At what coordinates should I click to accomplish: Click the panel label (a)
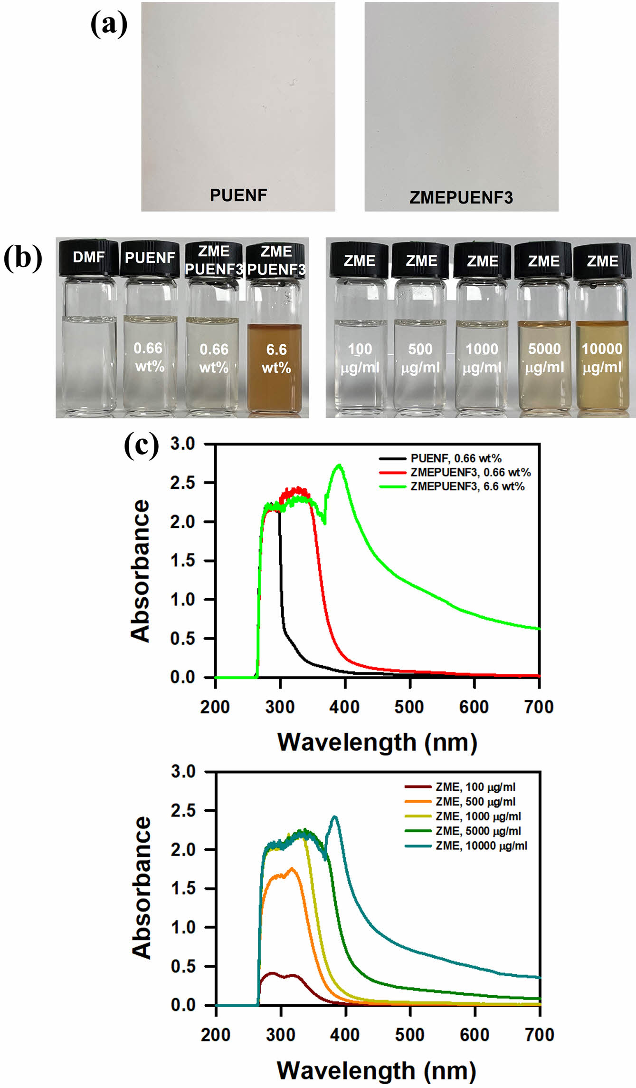pyautogui.click(x=109, y=24)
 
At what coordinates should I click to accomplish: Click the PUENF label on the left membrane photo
pyautogui.click(x=238, y=195)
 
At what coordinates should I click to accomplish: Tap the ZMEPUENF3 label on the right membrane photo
pyautogui.click(x=461, y=197)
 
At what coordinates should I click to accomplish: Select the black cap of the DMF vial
pyautogui.click(x=88, y=258)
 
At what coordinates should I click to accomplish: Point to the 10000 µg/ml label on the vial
pyautogui.click(x=602, y=358)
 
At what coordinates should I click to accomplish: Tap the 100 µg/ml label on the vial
pyautogui.click(x=360, y=358)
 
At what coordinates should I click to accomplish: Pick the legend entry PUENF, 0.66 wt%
pyautogui.click(x=456, y=458)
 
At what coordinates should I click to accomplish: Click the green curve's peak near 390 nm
pyautogui.click(x=339, y=466)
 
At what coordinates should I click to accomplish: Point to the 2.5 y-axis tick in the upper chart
pyautogui.click(x=182, y=483)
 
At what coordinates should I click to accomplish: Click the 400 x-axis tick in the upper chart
pyautogui.click(x=345, y=707)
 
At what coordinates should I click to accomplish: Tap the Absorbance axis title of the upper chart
pyautogui.click(x=141, y=571)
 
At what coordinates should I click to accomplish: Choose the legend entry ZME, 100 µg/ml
pyautogui.click(x=475, y=787)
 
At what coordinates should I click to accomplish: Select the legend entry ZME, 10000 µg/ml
pyautogui.click(x=481, y=845)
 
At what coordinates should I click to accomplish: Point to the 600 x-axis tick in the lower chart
pyautogui.click(x=475, y=1035)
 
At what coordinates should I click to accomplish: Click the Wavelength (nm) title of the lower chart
pyautogui.click(x=377, y=1071)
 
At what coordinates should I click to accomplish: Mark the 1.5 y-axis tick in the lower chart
pyautogui.click(x=183, y=888)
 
